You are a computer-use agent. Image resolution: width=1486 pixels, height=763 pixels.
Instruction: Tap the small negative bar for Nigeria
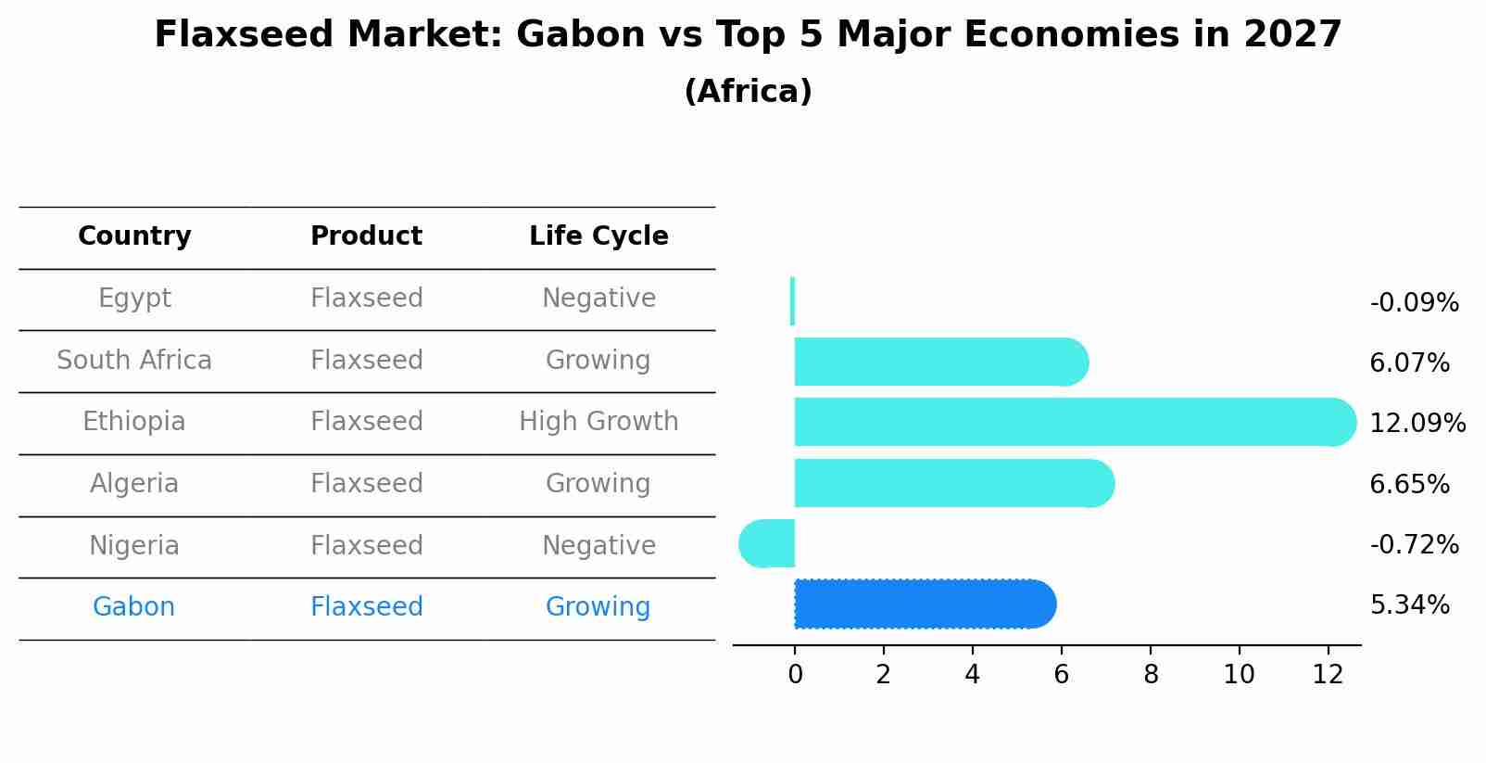[767, 543]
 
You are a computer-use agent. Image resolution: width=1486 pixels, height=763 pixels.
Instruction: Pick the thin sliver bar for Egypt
[792, 301]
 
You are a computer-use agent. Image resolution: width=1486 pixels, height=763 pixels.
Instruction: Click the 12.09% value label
[1417, 424]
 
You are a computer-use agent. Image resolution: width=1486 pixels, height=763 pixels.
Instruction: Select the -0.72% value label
[1414, 544]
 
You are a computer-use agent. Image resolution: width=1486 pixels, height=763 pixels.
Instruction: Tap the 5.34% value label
[1409, 605]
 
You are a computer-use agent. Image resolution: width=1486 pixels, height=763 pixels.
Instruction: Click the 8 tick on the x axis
[1151, 675]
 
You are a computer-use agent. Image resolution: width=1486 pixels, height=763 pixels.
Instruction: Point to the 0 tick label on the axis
[795, 675]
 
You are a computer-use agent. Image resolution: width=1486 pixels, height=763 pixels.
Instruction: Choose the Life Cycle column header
[598, 236]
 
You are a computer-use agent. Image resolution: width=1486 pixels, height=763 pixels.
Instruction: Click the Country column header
[134, 236]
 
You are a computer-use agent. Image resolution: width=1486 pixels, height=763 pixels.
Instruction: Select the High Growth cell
[598, 422]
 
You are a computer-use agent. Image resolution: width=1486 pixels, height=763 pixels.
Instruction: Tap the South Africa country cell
[134, 360]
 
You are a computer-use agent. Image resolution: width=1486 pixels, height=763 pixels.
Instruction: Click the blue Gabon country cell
[134, 607]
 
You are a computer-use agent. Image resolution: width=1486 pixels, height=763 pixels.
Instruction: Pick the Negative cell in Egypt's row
[598, 299]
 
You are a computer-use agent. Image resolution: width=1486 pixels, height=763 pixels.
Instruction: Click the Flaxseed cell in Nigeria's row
[367, 545]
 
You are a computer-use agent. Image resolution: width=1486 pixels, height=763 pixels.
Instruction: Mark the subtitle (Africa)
[748, 92]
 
